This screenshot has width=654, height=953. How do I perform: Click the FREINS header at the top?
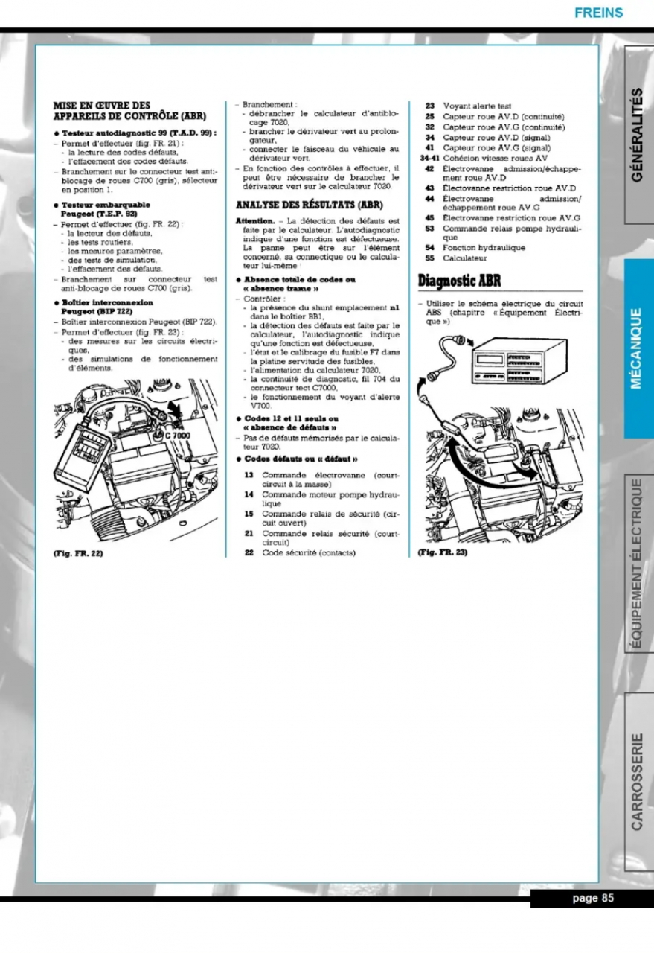coord(598,13)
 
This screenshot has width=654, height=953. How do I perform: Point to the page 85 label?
coord(592,898)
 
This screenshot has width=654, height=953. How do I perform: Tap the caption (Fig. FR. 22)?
coord(77,553)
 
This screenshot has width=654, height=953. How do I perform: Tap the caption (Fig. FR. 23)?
coord(442,553)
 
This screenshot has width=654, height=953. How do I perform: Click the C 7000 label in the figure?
coord(179,434)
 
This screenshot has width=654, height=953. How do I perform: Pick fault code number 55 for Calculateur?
coord(429,258)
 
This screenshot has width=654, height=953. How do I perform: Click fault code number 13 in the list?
coord(249,474)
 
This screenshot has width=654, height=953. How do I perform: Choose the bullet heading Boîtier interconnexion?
coord(106,303)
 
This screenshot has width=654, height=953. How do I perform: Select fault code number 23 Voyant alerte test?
coord(429,106)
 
